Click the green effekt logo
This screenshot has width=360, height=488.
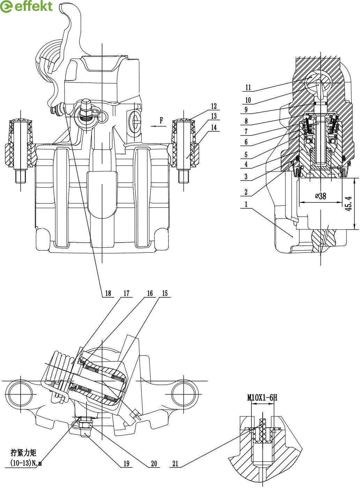[x=26, y=7]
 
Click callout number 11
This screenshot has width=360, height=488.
[x=248, y=87]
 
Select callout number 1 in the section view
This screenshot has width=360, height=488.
[x=246, y=204]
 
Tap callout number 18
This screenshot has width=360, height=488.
[x=108, y=293]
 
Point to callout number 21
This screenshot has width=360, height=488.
[x=175, y=464]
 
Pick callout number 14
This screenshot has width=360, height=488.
[x=214, y=128]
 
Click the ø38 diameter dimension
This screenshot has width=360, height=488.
[x=321, y=196]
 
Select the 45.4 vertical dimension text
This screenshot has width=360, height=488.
[x=348, y=204]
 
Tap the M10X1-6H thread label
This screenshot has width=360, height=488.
[x=262, y=398]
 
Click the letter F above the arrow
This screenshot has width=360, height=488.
[x=162, y=120]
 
